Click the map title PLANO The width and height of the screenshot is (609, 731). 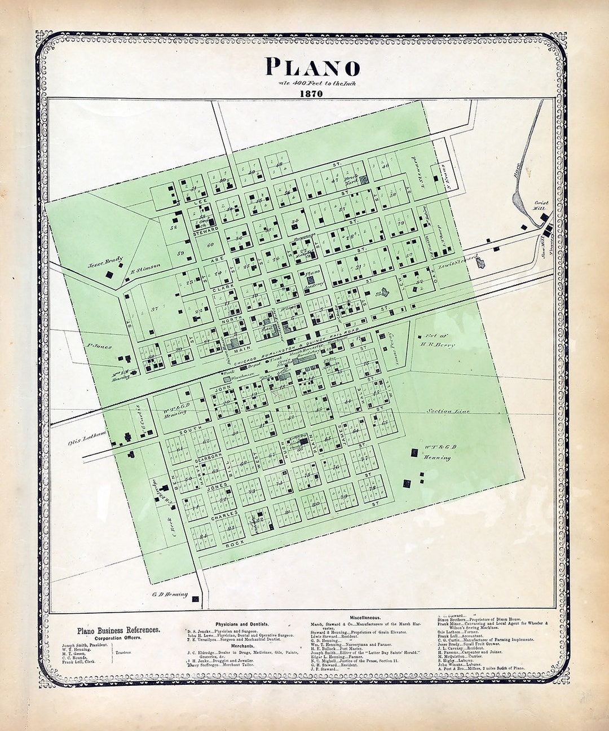coord(312,67)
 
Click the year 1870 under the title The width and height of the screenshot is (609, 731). coord(311,94)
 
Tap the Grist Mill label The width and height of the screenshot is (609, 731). coord(541,205)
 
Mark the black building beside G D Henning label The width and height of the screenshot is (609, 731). coord(195,599)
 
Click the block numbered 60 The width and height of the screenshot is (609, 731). coord(210,245)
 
